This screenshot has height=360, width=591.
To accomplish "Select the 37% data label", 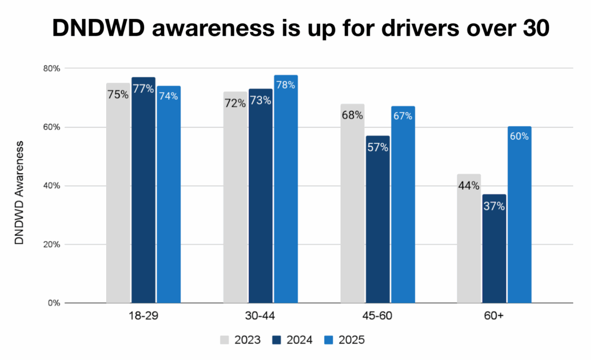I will [x=494, y=206].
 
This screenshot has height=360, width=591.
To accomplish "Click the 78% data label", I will [x=286, y=85].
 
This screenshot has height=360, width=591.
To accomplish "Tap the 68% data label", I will [x=351, y=115].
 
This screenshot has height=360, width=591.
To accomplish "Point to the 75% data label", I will [x=118, y=94].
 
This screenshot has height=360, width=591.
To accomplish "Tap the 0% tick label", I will [x=55, y=303].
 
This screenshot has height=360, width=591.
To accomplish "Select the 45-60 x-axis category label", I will [x=377, y=318].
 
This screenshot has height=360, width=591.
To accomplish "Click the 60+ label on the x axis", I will [x=494, y=318].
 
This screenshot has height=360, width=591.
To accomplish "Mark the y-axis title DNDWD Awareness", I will [x=20, y=190].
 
